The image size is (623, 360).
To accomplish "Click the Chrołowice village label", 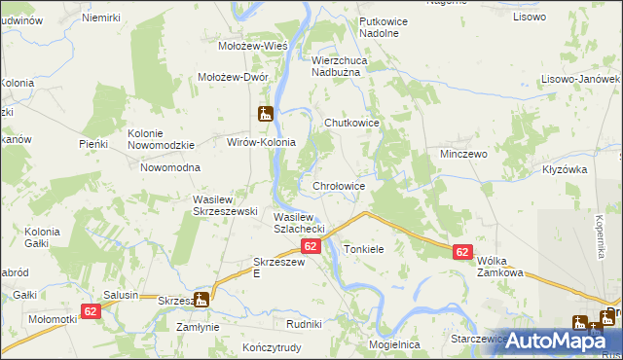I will tap(338, 186).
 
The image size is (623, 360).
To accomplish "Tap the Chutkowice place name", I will tap(350, 124).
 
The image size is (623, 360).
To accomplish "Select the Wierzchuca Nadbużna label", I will tap(348, 65).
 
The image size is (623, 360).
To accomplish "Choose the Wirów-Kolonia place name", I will tap(254, 142).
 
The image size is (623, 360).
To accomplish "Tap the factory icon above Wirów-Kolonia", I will tap(265, 114).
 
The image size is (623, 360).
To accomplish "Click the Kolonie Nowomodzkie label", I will tap(162, 139).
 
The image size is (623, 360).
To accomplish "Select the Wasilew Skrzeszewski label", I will tap(224, 205).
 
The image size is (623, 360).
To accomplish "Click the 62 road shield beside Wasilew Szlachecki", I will tap(311, 247).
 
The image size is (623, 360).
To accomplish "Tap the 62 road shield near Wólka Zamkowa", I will tap(462, 252).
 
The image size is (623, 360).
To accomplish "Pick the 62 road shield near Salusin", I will tap(91, 311).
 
